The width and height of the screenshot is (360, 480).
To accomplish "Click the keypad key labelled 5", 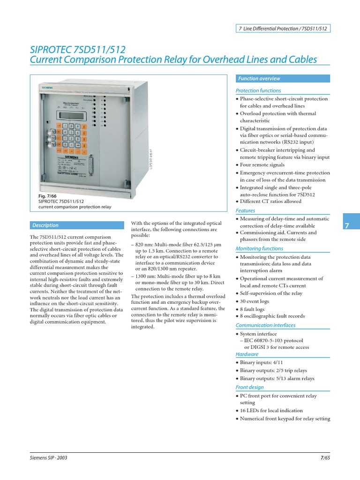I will click(72, 139).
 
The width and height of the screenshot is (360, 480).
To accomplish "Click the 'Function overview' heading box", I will click(282, 79).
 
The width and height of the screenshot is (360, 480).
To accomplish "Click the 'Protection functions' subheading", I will click(258, 90).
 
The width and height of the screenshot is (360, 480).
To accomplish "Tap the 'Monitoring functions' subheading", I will click(259, 248).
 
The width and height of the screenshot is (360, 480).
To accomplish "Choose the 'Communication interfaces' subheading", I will click(265, 325).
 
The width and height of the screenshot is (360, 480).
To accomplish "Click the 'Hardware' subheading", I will click(247, 354).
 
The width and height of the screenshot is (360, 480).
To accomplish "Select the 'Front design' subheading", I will click(249, 387).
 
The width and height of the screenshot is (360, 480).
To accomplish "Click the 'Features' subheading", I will click(245, 211).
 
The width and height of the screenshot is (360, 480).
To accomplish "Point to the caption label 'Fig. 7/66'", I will click(47, 195).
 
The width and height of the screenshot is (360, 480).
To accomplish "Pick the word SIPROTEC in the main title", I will click(56, 50).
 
